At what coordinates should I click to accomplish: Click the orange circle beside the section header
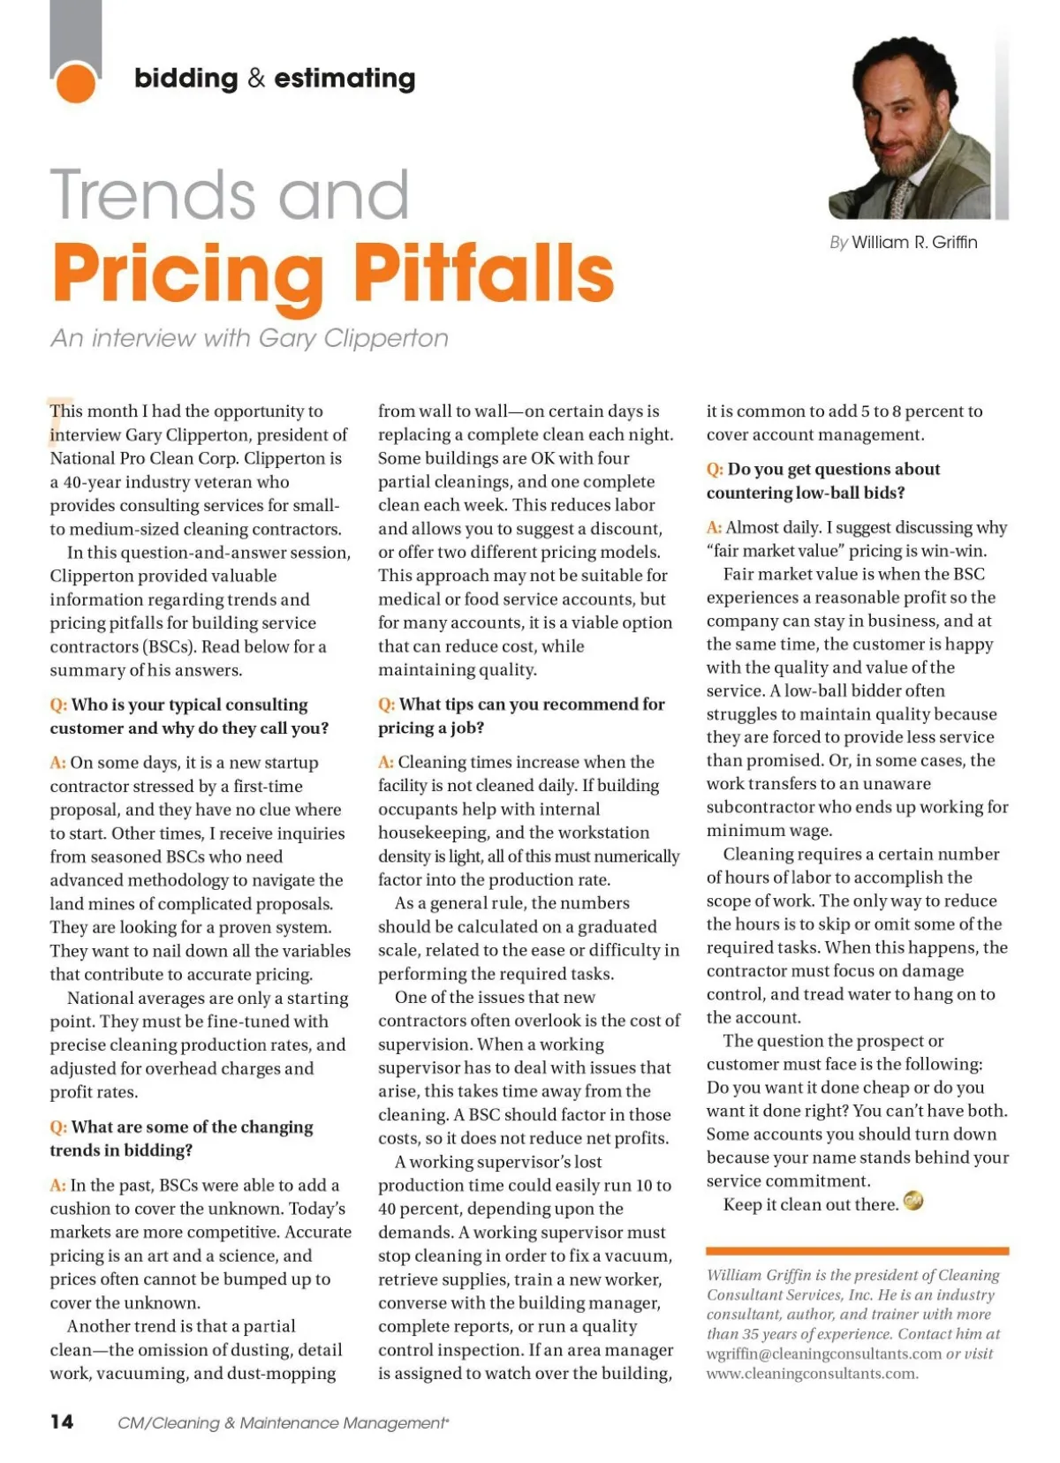click(75, 82)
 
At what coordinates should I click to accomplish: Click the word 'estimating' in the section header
click(344, 79)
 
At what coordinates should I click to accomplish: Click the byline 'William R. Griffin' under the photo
click(914, 242)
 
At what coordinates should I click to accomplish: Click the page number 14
click(62, 1421)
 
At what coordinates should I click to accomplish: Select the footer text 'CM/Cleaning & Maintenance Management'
click(283, 1422)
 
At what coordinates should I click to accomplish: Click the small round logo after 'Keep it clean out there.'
click(912, 1202)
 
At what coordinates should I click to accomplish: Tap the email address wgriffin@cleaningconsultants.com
click(824, 1354)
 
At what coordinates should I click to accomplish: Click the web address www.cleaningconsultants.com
click(812, 1373)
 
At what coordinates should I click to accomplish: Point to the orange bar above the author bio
click(857, 1250)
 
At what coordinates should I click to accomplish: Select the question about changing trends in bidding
click(182, 1138)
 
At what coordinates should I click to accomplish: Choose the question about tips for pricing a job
click(521, 715)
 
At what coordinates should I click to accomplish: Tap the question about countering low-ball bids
click(822, 480)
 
